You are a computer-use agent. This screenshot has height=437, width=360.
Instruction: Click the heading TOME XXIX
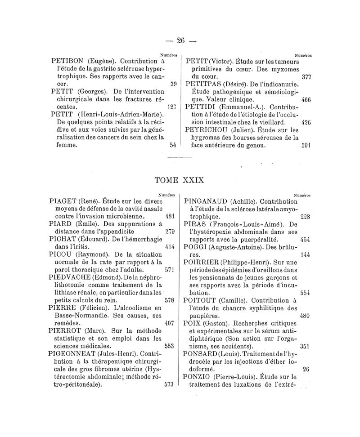coord(180,180)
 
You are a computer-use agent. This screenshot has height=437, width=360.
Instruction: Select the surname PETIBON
coord(68,60)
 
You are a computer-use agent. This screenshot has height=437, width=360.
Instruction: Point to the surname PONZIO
coord(200,377)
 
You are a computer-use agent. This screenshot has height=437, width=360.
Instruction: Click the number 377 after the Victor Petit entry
coord(306,76)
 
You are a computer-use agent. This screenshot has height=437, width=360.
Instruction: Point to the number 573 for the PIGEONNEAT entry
coord(170,385)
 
